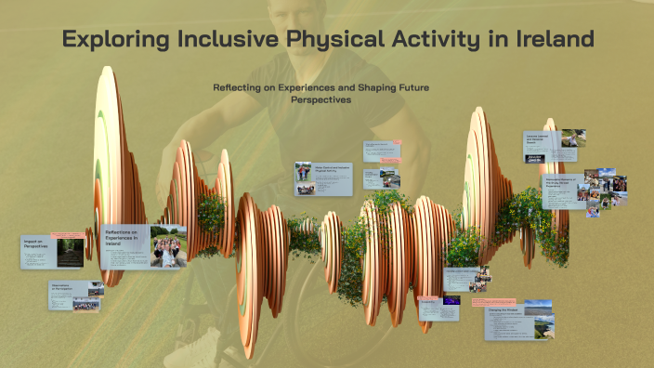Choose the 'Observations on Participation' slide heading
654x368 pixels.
[x=63, y=287]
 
